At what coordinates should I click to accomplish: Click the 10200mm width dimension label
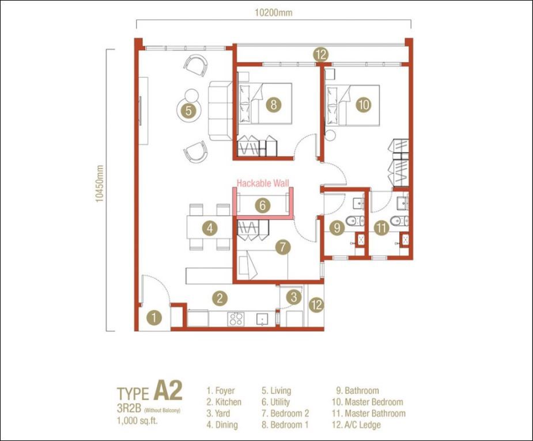point(273,13)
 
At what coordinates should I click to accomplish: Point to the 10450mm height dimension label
point(99,184)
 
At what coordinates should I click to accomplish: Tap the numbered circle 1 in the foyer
point(154,318)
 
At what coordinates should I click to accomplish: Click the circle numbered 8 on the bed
point(274,104)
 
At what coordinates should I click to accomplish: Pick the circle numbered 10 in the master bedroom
point(364,104)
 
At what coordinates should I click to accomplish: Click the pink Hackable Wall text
point(263,184)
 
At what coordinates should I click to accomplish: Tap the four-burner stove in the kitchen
point(236,319)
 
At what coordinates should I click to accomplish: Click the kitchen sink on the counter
point(262,319)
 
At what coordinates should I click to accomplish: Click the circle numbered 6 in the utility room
point(262,205)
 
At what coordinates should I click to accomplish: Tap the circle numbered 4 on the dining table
point(210,228)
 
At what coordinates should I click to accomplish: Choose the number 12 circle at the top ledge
point(321,54)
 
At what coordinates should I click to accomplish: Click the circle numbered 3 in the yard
point(294,297)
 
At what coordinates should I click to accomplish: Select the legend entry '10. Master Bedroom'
point(368,402)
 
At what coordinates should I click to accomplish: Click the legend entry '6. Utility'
point(275,402)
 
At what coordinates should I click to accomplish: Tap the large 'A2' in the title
point(168,390)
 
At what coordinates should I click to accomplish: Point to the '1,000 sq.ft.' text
point(137,421)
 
